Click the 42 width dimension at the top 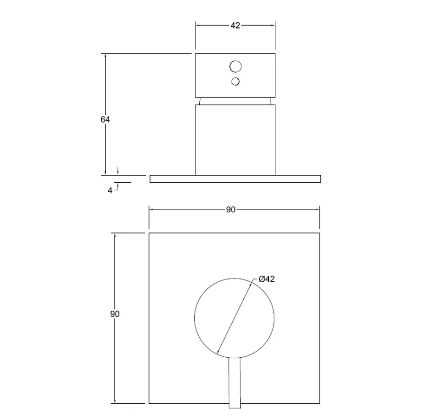coord(235,26)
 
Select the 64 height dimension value coord(105,119)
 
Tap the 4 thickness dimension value coord(110,190)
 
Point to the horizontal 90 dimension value coord(230,209)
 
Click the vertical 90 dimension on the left coord(114,314)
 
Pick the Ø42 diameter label coord(267,280)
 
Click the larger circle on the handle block coord(235,67)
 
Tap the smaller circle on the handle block coord(235,82)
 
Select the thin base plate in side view coord(235,179)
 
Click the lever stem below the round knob coord(235,383)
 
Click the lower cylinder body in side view coord(235,139)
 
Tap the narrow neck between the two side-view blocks coord(235,101)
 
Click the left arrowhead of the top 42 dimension coord(198,26)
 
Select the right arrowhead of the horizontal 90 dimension coord(318,209)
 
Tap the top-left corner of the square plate coord(149,234)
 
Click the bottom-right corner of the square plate coord(320,404)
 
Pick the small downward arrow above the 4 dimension coord(117,172)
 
